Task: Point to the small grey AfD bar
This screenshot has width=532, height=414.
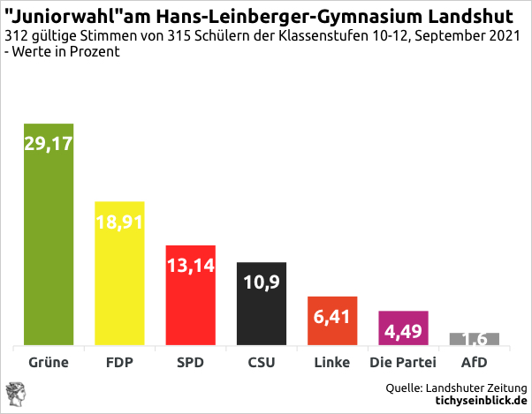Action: pos(475,340)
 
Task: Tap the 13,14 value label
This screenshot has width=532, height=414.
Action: pos(190,265)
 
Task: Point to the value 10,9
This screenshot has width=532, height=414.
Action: pos(262,282)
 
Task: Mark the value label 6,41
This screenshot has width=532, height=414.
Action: pos(332,315)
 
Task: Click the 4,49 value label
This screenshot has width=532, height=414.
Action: pos(403,332)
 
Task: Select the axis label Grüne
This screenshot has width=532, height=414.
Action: pos(49,363)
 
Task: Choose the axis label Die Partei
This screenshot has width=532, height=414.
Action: pos(403,363)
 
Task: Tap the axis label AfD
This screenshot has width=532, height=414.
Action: pos(475,363)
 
